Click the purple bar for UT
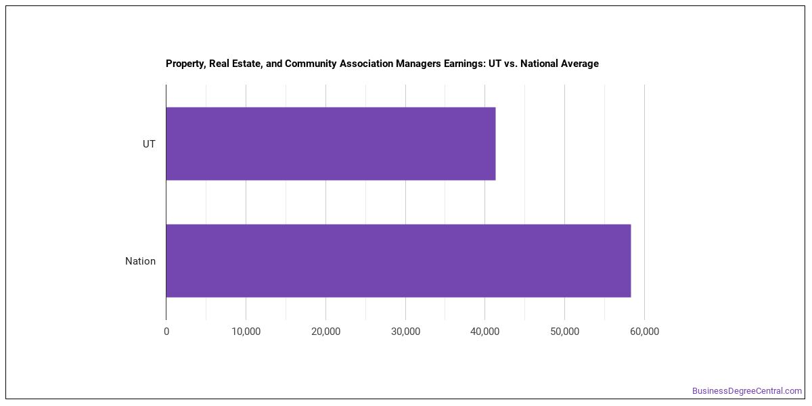[x=331, y=143]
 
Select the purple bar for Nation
[x=399, y=261]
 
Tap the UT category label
[x=149, y=144]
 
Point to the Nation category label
[x=140, y=261]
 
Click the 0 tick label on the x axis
[x=166, y=332]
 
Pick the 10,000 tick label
[x=246, y=332]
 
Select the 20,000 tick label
[x=326, y=332]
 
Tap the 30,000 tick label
[x=405, y=332]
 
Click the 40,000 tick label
[x=485, y=332]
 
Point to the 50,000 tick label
[x=565, y=332]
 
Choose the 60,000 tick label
[x=644, y=332]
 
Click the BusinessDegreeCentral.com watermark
[x=747, y=391]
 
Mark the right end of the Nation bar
[x=631, y=261]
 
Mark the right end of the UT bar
[x=495, y=143]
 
